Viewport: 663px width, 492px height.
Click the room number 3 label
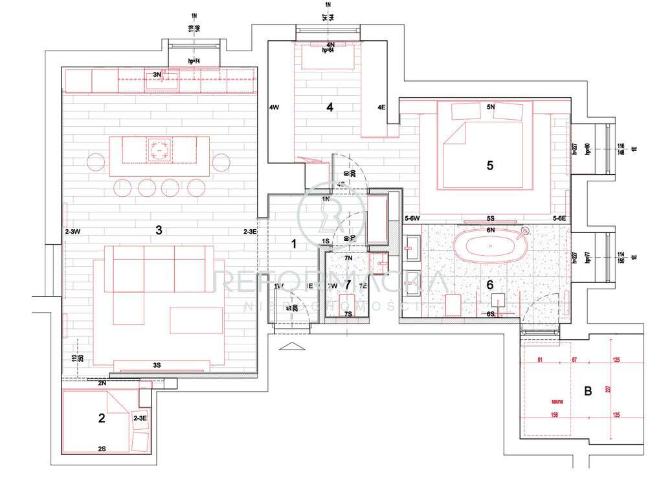pos(158,229)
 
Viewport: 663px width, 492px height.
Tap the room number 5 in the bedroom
pos(489,165)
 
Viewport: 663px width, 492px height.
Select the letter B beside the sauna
pos(588,391)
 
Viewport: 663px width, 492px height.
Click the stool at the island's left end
pos(96,161)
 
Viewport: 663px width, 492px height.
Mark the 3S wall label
pos(157,365)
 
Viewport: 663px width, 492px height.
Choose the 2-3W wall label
pos(72,231)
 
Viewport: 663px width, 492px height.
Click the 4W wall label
pos(274,107)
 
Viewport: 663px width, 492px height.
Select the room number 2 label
pos(101,418)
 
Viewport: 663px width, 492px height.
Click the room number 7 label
pos(348,284)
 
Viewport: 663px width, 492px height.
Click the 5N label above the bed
pos(490,106)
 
